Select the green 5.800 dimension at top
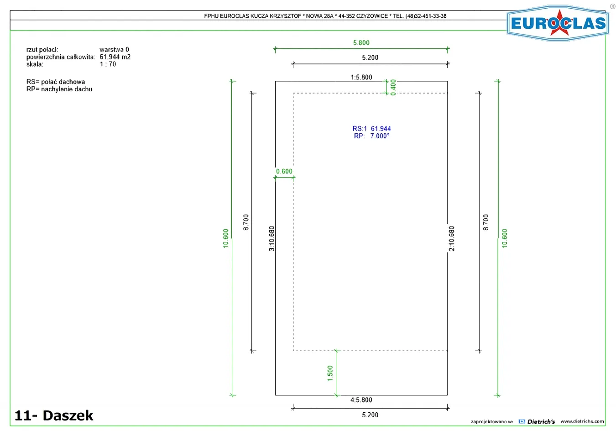click(361, 42)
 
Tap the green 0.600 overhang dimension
click(284, 171)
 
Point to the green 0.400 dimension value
click(393, 87)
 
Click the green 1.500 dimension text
click(330, 373)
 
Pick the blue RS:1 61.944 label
click(371, 128)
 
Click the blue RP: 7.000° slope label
click(371, 136)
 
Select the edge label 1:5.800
click(361, 77)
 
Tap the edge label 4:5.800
click(361, 399)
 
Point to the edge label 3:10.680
click(271, 238)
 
